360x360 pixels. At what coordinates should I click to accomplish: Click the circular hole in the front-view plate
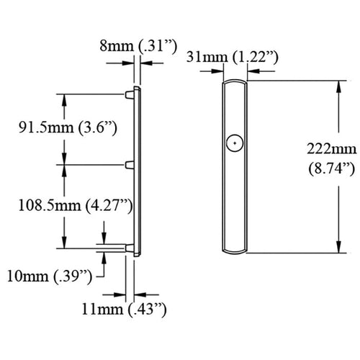(233, 143)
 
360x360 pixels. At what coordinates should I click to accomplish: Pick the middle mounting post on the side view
(130, 165)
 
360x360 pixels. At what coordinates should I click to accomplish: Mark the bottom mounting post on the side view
(130, 248)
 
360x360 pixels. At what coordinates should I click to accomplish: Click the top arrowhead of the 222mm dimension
(337, 86)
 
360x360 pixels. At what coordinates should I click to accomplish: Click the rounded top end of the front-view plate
(234, 83)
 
